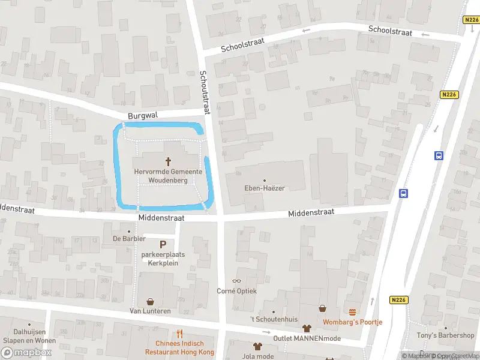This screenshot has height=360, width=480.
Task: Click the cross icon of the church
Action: tap(168, 161)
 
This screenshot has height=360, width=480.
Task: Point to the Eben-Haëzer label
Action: tap(265, 188)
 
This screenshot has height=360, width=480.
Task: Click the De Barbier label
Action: tap(129, 238)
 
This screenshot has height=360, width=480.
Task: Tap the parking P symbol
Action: tap(163, 244)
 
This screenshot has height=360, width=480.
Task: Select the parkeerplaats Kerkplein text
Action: tap(163, 259)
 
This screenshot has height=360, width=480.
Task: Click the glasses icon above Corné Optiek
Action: tap(236, 281)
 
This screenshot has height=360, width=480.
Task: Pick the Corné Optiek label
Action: tap(236, 291)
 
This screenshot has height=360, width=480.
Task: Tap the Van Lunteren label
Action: tap(150, 311)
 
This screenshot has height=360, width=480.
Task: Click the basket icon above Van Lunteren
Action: tap(150, 301)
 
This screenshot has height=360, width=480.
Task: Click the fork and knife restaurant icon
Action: tap(179, 334)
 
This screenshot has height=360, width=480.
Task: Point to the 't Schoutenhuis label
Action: tap(274, 320)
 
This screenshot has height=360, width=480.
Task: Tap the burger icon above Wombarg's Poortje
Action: tap(353, 312)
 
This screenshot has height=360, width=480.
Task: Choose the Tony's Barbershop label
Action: tap(446, 335)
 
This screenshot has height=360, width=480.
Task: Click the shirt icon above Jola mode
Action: tap(258, 346)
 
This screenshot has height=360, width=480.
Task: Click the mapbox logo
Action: tap(27, 353)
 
